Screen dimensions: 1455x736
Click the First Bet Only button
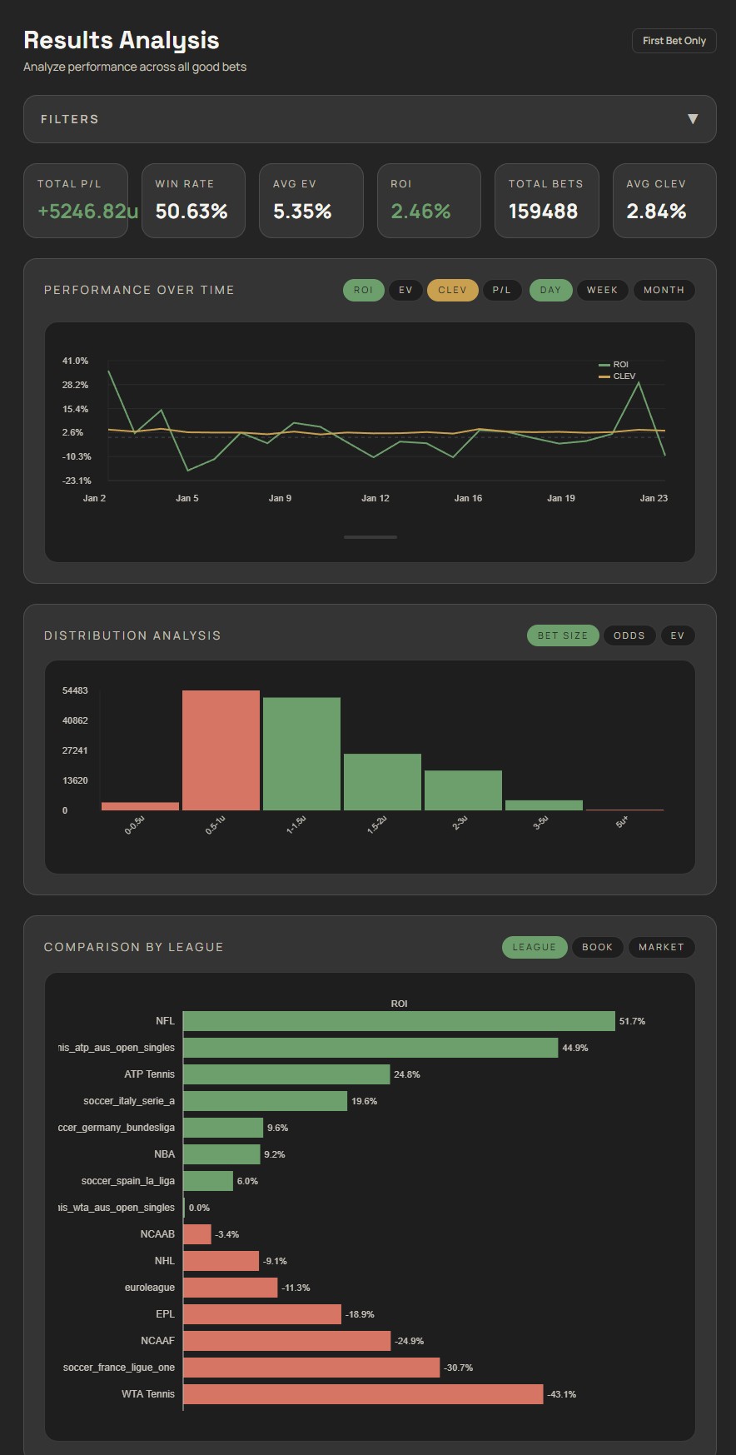coord(674,41)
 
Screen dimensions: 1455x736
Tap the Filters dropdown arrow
coord(692,119)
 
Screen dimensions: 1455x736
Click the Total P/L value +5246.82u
coord(87,212)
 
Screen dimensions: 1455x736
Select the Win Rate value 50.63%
coord(191,212)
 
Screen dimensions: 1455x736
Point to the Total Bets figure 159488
coord(543,212)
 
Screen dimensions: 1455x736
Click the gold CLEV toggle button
coord(452,290)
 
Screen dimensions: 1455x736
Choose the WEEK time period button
coord(602,290)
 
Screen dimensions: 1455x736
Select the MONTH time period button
coord(664,290)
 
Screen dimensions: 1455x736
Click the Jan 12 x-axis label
coord(375,498)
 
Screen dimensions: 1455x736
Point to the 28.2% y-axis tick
coord(75,385)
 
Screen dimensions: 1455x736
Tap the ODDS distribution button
coord(629,635)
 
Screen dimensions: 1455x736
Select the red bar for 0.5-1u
coord(221,750)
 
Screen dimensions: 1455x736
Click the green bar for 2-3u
coord(463,790)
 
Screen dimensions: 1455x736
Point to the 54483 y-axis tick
coord(75,690)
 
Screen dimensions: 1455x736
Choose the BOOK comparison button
coord(597,947)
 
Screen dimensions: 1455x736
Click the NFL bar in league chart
coord(399,1021)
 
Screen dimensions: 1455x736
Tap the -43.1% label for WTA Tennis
coord(562,1394)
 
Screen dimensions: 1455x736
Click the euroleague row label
coord(150,1288)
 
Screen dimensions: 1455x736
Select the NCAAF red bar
coord(286,1341)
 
